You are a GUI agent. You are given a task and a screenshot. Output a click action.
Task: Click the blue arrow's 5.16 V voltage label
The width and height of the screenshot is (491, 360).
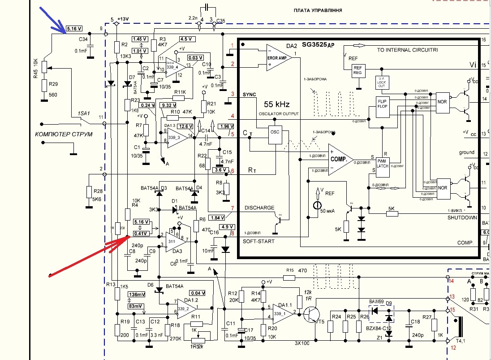(73, 29)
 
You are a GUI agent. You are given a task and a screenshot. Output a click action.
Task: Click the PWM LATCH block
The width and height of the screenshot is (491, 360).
(382, 165)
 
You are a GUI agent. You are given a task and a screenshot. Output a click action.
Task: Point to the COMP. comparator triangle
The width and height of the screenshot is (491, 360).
(339, 159)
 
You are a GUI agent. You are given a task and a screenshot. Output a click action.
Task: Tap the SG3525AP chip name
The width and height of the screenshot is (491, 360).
(321, 45)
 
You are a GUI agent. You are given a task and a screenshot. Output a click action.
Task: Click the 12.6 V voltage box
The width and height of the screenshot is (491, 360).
(185, 126)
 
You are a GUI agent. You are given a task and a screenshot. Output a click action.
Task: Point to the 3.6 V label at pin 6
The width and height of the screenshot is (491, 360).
(221, 170)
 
